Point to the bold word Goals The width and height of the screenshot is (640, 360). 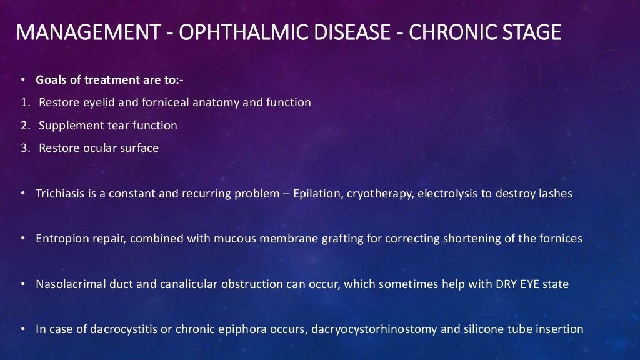click(x=50, y=80)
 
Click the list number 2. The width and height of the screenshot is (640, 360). click(x=24, y=126)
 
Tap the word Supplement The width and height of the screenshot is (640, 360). click(x=66, y=126)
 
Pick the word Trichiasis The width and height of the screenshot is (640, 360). click(x=59, y=194)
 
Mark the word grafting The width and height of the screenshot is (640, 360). click(x=327, y=239)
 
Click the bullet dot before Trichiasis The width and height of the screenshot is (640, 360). click(x=22, y=194)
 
